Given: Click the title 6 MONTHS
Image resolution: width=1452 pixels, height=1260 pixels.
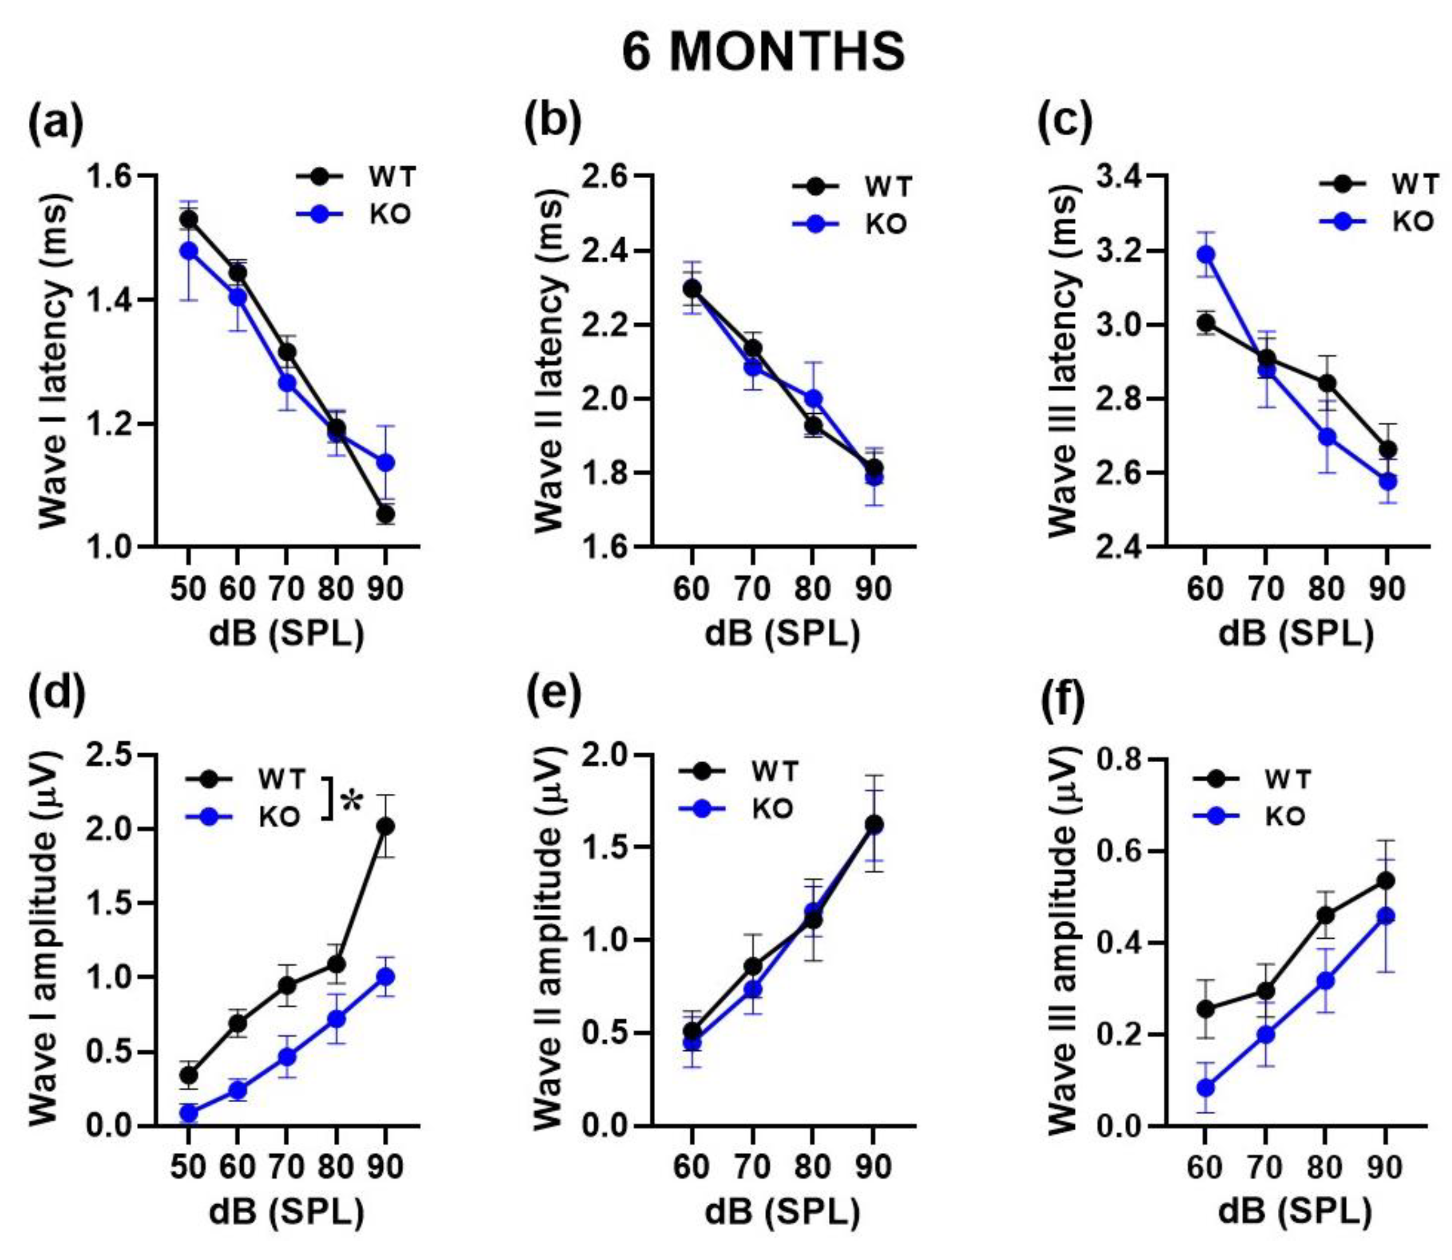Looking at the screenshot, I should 763,53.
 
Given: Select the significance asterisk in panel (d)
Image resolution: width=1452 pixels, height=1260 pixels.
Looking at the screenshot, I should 353,803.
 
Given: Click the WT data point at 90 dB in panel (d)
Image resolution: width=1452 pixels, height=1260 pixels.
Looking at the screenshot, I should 385,825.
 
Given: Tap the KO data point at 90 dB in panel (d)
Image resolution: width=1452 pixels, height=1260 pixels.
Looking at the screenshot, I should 385,976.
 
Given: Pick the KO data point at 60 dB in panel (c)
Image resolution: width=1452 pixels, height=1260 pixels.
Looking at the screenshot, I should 1206,254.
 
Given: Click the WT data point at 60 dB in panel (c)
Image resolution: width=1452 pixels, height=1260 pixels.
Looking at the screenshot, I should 1206,322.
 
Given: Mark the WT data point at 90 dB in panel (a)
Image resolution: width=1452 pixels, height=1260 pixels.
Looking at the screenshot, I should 385,515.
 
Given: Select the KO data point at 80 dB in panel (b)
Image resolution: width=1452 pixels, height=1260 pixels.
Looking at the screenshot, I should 813,399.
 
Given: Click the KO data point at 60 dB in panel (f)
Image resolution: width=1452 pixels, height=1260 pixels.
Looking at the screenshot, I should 1206,1087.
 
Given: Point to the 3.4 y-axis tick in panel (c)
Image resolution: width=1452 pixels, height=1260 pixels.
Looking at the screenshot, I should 1119,176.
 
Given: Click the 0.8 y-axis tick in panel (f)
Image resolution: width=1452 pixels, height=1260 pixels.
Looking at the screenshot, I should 1119,760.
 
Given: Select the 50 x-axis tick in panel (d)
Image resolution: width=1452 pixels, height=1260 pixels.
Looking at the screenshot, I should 188,1167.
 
